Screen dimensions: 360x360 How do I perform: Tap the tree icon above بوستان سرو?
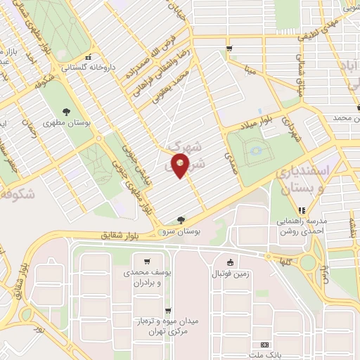pos(181,220)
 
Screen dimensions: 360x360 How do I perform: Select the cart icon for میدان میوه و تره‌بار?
pos(167,310)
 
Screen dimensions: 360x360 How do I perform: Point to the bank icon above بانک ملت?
pos(264,345)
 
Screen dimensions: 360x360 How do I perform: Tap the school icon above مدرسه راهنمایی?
pos(302,210)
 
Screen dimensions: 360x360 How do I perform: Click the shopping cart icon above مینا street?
pos(230,48)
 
